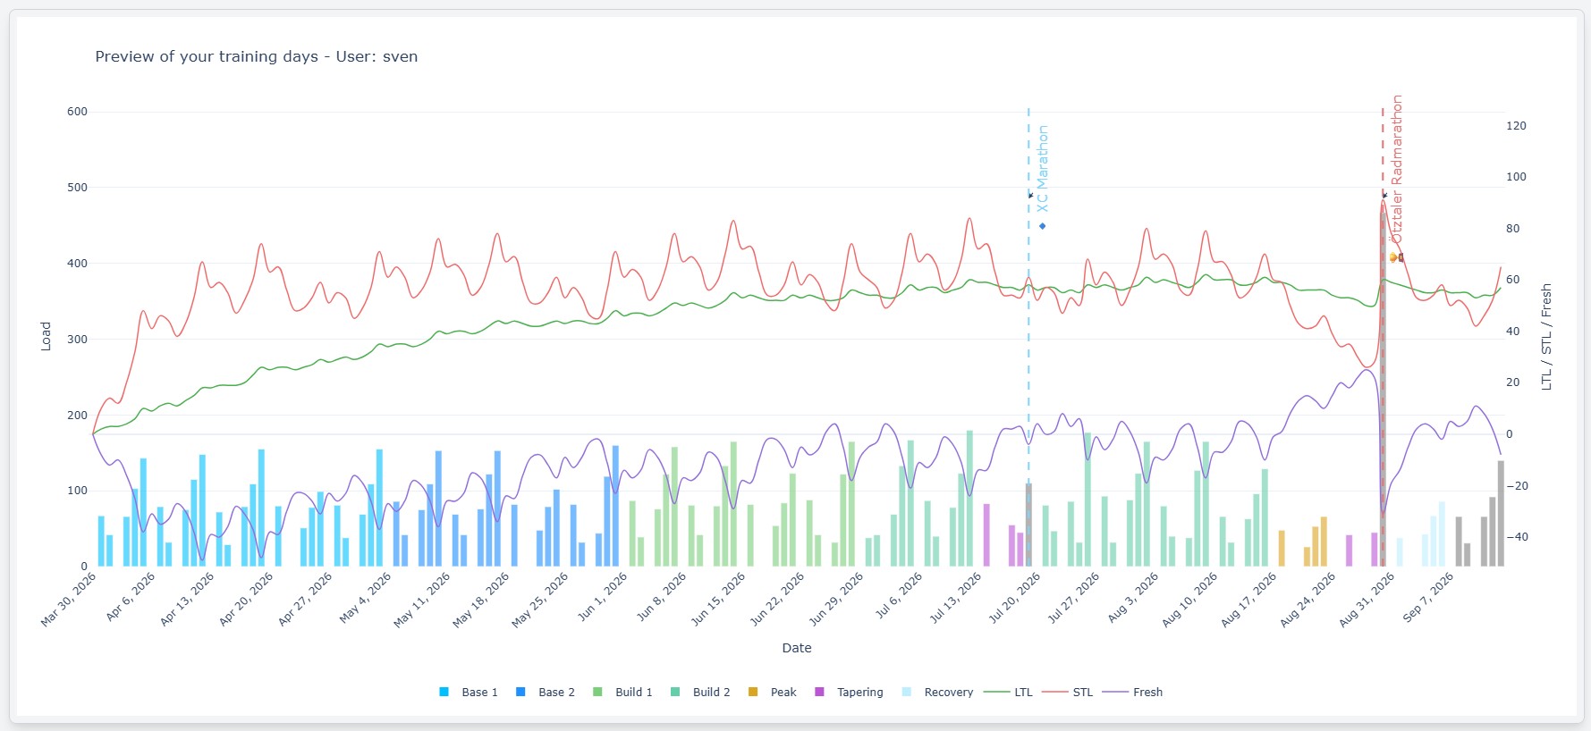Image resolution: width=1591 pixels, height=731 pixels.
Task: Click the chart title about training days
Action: tap(257, 56)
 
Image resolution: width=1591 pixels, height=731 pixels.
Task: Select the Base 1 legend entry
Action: tap(469, 692)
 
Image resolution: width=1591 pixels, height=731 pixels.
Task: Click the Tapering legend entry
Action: tap(849, 692)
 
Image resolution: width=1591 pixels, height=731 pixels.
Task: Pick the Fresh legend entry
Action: tap(1133, 692)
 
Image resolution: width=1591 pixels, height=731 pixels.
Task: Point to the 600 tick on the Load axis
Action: tap(77, 112)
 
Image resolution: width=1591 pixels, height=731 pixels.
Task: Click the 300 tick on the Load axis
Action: tap(77, 339)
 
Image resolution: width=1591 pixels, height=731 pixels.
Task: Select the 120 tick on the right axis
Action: tap(1516, 126)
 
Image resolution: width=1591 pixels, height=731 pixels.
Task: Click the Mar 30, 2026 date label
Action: tap(69, 600)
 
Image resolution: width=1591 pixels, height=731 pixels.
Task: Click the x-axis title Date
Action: tap(797, 648)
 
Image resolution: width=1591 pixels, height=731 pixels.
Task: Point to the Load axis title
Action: tap(46, 336)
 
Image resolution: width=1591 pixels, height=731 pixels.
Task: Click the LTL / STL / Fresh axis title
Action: tap(1546, 337)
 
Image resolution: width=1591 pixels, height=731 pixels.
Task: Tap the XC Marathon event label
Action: tap(1043, 169)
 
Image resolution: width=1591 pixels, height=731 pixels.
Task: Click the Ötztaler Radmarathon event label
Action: tap(1397, 169)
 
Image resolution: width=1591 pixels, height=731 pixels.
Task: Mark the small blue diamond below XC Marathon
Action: tap(1043, 226)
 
